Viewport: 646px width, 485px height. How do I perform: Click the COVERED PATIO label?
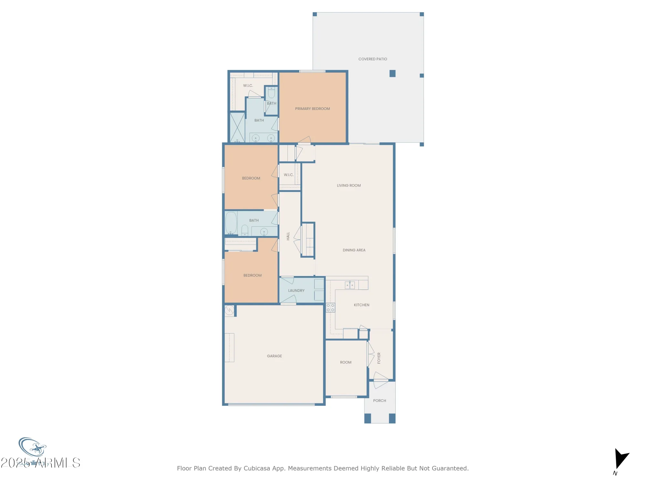[x=372, y=59]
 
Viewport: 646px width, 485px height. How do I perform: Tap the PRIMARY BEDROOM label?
[x=312, y=109]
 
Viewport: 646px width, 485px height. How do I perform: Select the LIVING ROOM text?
[x=349, y=186]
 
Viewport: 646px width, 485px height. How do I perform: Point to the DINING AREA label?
[x=354, y=250]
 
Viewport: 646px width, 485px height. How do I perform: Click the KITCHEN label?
[x=361, y=305]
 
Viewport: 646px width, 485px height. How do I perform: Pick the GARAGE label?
[x=274, y=356]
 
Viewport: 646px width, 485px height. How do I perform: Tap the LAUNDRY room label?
[x=296, y=291]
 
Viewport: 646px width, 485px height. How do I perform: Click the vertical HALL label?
[x=288, y=236]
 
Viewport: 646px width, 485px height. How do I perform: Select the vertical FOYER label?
[x=379, y=358]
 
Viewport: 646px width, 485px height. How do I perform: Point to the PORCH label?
[x=380, y=401]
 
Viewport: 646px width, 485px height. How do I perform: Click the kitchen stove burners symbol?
[x=330, y=308]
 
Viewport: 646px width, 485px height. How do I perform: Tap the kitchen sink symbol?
[x=350, y=285]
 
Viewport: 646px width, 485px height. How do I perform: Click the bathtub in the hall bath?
[x=231, y=222]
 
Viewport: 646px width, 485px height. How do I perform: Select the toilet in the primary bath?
[x=272, y=93]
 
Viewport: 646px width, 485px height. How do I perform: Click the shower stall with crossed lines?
[x=237, y=127]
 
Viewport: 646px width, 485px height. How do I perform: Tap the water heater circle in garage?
[x=229, y=310]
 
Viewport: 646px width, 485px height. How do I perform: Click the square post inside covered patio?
[x=392, y=74]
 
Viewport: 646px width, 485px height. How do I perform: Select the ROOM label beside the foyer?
[x=346, y=362]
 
